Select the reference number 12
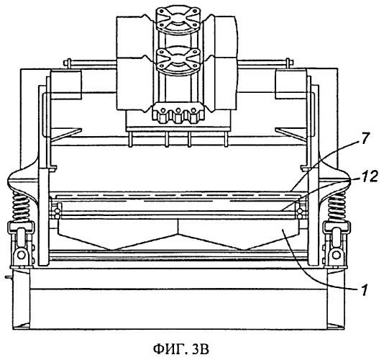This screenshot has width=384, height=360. [369, 176]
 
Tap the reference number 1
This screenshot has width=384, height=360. [365, 290]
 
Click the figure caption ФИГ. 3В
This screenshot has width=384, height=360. [181, 348]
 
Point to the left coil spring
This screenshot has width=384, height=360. [21, 206]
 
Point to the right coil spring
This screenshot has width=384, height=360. [337, 206]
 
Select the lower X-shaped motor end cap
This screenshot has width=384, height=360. [178, 59]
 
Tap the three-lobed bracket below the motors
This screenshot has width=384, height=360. [178, 113]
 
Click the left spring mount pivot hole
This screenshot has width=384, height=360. [21, 255]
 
